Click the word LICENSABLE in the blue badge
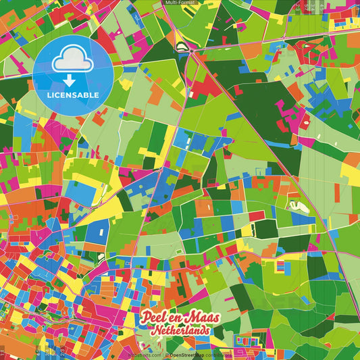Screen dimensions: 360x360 tap(72, 95)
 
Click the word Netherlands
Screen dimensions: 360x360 tap(180, 331)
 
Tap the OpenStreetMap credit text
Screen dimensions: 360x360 tap(187, 353)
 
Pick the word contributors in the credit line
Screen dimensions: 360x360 tap(217, 353)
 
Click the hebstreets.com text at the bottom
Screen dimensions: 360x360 tap(144, 353)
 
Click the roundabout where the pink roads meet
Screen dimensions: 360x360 tap(192, 50)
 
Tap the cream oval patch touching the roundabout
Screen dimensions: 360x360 tap(181, 47)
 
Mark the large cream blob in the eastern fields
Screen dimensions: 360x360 tap(298, 206)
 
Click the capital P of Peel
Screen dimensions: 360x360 tap(144, 317)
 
